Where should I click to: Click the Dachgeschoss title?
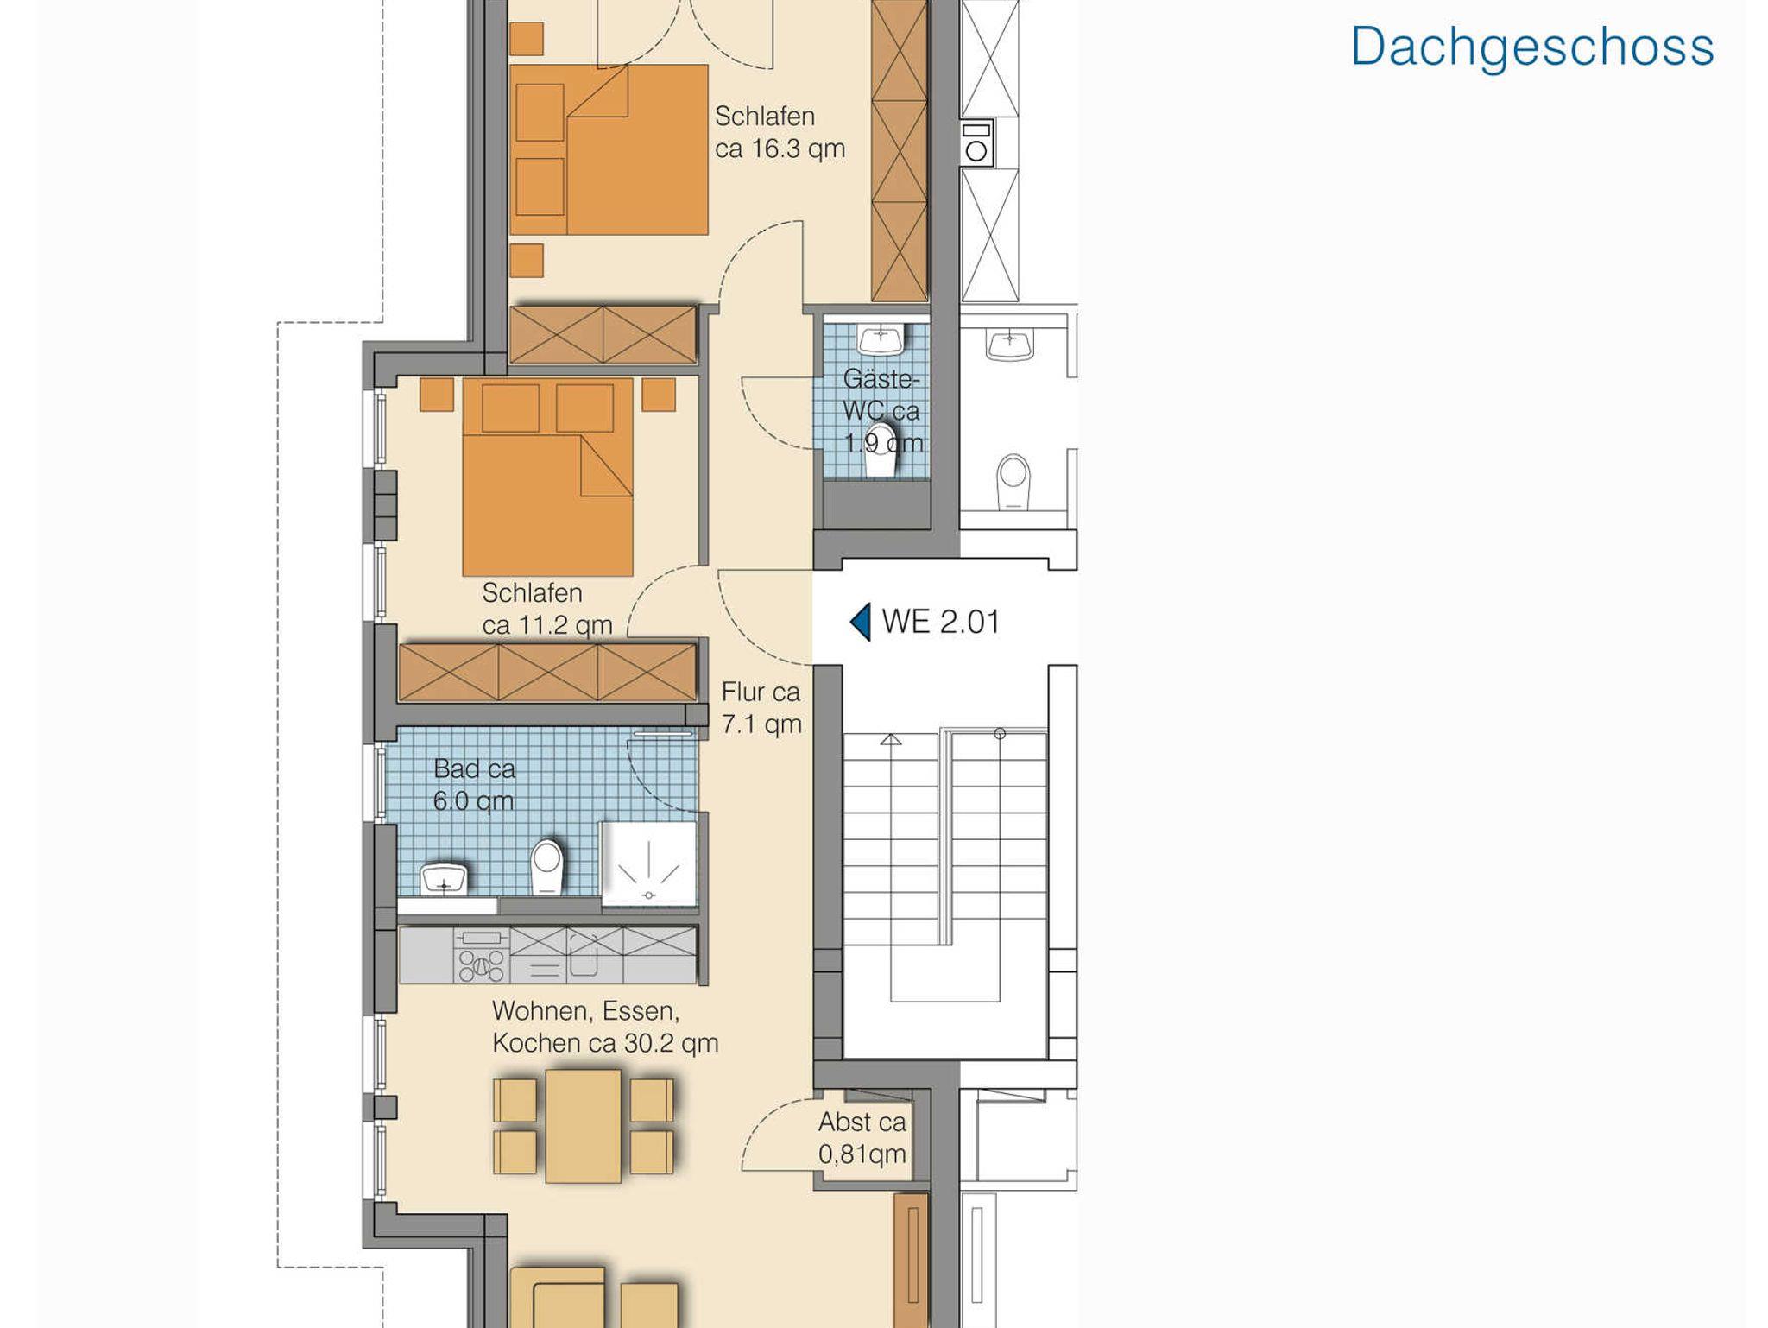coord(1532,47)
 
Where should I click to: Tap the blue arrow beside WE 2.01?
coord(861,622)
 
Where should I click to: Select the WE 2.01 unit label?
coord(941,622)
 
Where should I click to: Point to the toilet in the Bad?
coord(546,867)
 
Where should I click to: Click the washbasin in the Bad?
coord(444,878)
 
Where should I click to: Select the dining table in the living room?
coord(583,1126)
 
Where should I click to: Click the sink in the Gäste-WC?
coord(881,338)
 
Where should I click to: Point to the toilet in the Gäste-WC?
coord(881,450)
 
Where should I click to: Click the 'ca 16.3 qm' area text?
coord(780,149)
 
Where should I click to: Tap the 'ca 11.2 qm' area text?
coord(547,624)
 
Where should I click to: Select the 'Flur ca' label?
coord(761,692)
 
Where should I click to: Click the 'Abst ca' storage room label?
coord(862,1122)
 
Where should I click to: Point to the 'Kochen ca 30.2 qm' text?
coord(605,1043)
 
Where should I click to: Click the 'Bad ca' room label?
coord(474,768)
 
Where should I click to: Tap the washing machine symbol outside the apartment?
coord(976,143)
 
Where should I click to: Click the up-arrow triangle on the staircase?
coord(891,739)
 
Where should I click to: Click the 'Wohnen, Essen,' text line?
coord(585,1011)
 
